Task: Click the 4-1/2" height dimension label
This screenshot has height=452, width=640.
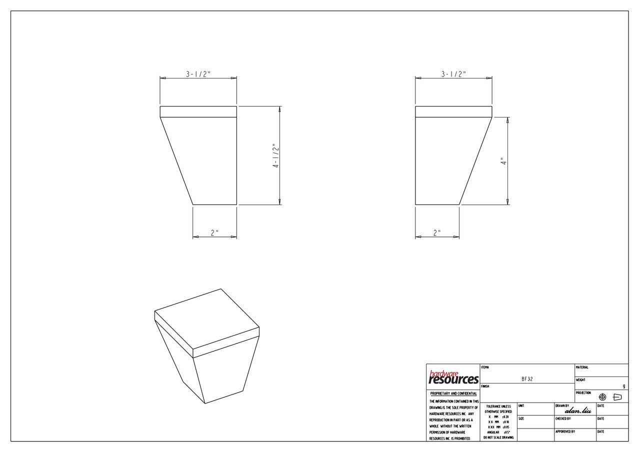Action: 275,155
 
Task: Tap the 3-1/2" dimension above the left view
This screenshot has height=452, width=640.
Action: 198,74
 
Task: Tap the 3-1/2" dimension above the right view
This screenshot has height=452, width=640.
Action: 453,74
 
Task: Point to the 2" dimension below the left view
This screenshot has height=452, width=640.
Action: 214,232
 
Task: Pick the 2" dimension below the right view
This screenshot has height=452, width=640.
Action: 437,232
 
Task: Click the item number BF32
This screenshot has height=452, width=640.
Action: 527,379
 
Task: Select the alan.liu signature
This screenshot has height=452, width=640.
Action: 578,410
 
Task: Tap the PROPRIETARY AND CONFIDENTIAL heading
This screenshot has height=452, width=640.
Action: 453,393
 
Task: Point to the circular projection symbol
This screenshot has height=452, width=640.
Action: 602,397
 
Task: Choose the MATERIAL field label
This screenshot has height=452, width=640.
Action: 582,367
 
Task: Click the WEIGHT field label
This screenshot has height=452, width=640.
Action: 580,380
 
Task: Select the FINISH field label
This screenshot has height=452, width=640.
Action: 485,386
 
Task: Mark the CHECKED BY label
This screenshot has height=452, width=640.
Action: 563,418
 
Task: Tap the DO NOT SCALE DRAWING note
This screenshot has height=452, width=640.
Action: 498,437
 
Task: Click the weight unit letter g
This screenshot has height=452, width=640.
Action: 623,386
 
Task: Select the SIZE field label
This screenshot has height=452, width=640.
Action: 521,418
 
